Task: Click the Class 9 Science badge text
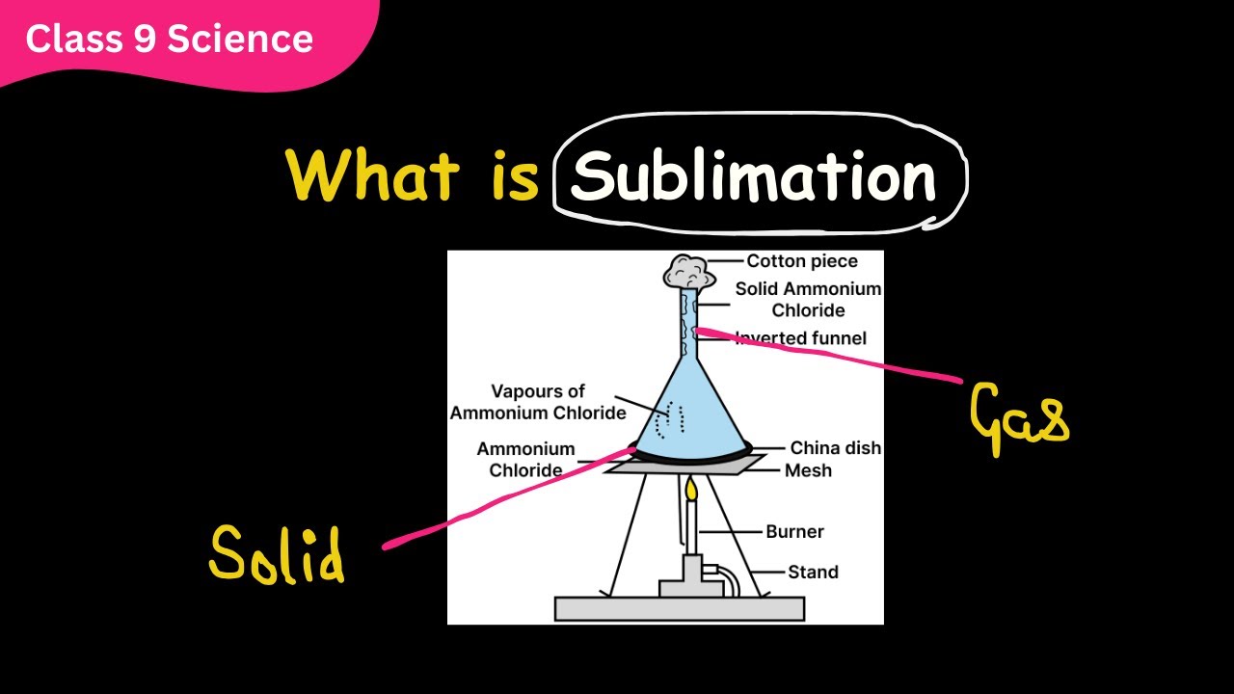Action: click(169, 39)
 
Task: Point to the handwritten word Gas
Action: click(1018, 419)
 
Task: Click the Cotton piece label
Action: click(801, 261)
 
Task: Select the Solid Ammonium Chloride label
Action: click(808, 300)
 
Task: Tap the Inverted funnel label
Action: click(801, 338)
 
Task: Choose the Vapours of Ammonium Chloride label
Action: click(538, 402)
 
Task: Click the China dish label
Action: click(835, 448)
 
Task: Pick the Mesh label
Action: click(808, 470)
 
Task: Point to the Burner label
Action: click(794, 531)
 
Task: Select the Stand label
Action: click(813, 572)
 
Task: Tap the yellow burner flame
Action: click(691, 490)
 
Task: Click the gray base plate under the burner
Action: click(680, 608)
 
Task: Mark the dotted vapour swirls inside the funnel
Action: click(670, 420)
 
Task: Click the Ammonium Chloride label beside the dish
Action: click(526, 459)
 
